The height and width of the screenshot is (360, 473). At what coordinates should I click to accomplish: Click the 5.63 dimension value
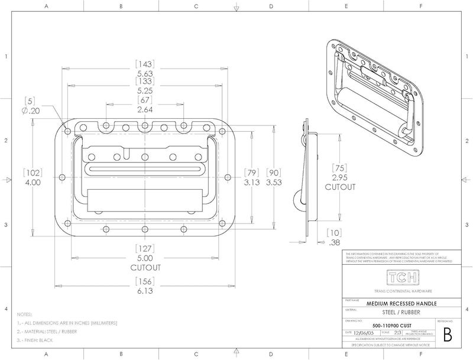click(x=145, y=73)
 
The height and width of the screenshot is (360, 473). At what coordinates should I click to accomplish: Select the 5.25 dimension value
click(x=145, y=91)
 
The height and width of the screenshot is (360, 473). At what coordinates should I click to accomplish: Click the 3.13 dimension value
click(x=252, y=183)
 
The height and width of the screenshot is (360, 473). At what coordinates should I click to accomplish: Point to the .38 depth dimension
click(x=335, y=242)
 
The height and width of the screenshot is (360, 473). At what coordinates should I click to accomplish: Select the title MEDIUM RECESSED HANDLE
click(x=401, y=302)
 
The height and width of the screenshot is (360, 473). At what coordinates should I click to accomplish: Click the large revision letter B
click(x=447, y=335)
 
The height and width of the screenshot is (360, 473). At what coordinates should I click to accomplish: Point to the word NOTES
click(x=25, y=314)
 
